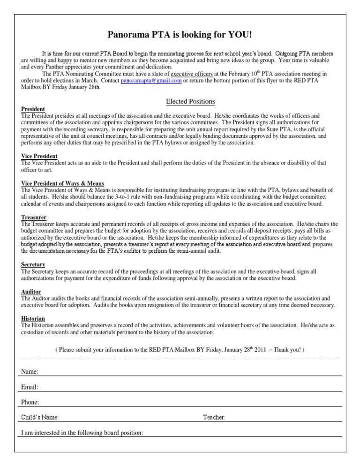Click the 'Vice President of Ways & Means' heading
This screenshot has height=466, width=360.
click(x=63, y=183)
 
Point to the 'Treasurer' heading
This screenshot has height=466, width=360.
click(x=34, y=217)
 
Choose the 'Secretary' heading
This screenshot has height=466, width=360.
click(x=33, y=264)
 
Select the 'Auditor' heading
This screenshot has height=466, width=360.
click(x=31, y=291)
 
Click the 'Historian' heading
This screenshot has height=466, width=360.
click(x=33, y=318)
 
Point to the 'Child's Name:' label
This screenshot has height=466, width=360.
click(x=40, y=417)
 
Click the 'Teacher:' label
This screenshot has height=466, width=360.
click(x=214, y=417)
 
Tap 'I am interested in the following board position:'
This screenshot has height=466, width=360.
click(x=82, y=432)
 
